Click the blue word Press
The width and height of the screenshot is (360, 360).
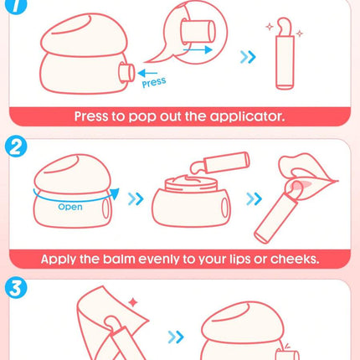pyautogui.click(x=154, y=82)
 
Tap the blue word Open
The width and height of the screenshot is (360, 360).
pyautogui.click(x=70, y=207)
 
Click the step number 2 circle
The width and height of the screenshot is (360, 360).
pyautogui.click(x=16, y=147)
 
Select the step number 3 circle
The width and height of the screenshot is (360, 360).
pyautogui.click(x=16, y=288)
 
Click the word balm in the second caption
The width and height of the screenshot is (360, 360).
pyautogui.click(x=119, y=259)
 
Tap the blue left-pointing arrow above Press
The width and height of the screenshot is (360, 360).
pyautogui.click(x=147, y=73)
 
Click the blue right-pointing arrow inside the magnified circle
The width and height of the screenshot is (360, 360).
pyautogui.click(x=198, y=50)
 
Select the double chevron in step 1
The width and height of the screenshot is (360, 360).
pyautogui.click(x=248, y=57)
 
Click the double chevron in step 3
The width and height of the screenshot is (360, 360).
pyautogui.click(x=176, y=337)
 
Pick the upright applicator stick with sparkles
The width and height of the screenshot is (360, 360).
pyautogui.click(x=285, y=54)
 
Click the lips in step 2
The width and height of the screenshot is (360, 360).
pyautogui.click(x=308, y=177)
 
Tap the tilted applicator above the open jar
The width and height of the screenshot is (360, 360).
pyautogui.click(x=220, y=162)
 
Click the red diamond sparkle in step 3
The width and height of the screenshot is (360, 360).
pyautogui.click(x=133, y=302)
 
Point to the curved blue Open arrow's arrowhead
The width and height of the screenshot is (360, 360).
pyautogui.click(x=115, y=193)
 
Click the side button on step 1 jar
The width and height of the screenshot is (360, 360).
pyautogui.click(x=126, y=73)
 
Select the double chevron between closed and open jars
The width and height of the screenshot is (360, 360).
pyautogui.click(x=136, y=199)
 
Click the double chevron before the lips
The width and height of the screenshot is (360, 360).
pyautogui.click(x=255, y=199)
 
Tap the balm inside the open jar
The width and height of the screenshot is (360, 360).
pyautogui.click(x=191, y=180)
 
